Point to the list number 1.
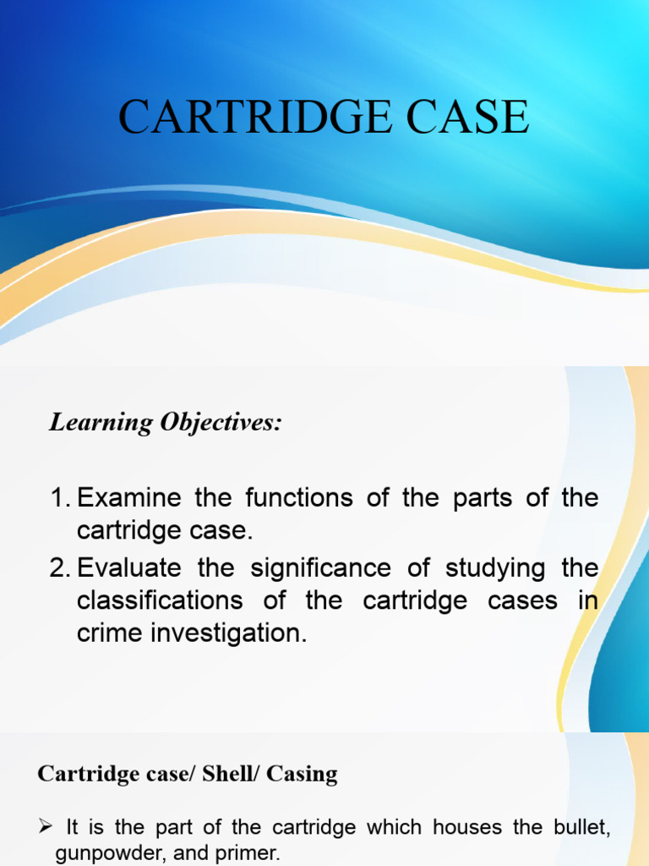pyautogui.click(x=60, y=498)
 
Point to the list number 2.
pyautogui.click(x=60, y=567)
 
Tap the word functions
pyautogui.click(x=288, y=498)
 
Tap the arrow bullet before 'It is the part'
pyautogui.click(x=46, y=826)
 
